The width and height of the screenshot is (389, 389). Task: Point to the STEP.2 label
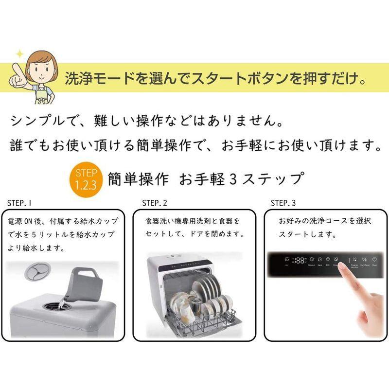[155, 202]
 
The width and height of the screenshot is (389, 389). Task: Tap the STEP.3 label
[283, 202]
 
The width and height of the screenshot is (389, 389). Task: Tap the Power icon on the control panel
[375, 260]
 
